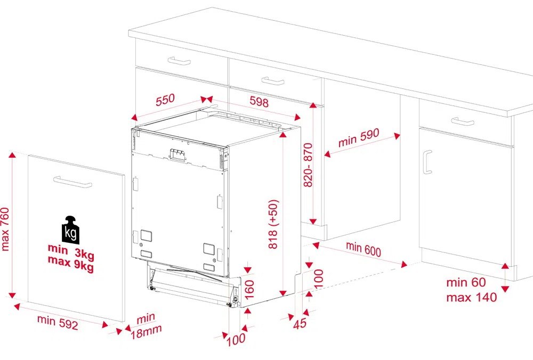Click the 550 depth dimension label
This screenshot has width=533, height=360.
(x=165, y=100)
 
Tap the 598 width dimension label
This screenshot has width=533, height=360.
(x=259, y=101)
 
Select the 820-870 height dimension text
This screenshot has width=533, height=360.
(x=308, y=165)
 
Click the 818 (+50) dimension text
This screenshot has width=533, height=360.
(x=273, y=224)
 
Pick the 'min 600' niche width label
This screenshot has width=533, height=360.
(x=364, y=249)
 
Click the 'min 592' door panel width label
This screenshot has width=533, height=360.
(x=58, y=322)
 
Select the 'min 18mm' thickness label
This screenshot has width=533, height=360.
(x=146, y=326)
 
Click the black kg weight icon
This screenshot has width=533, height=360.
(x=71, y=230)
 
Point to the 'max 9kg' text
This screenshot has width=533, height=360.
(x=71, y=264)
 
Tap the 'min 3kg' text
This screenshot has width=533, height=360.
(x=71, y=251)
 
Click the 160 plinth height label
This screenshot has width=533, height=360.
(x=249, y=290)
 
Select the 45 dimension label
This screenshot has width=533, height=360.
(x=300, y=323)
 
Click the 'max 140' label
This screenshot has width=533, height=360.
(x=472, y=298)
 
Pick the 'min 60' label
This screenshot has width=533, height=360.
(x=466, y=282)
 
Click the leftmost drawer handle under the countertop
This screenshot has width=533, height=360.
(x=179, y=61)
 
